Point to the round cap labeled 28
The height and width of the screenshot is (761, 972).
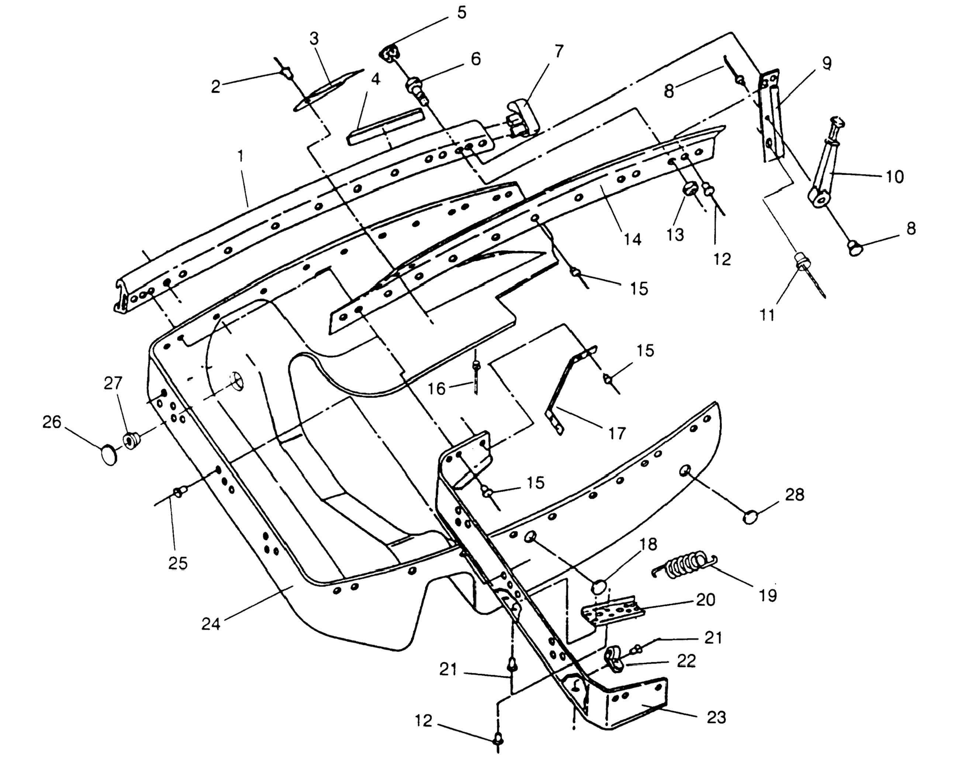[750, 517]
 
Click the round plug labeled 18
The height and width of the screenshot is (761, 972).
[600, 587]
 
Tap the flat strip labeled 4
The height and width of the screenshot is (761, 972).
[386, 126]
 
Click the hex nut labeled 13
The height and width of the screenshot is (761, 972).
[690, 189]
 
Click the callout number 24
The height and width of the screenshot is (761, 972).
[211, 624]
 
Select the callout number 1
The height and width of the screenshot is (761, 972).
[241, 156]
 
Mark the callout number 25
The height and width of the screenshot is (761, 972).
[177, 563]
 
